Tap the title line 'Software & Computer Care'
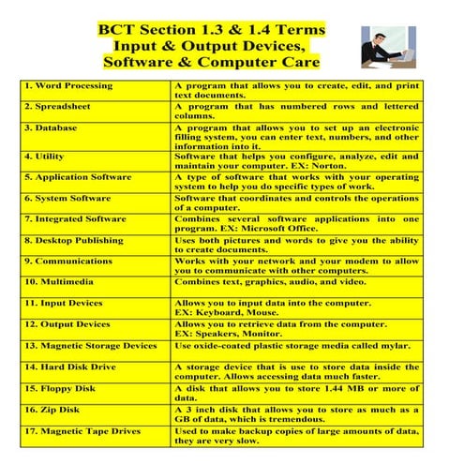(212, 63)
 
